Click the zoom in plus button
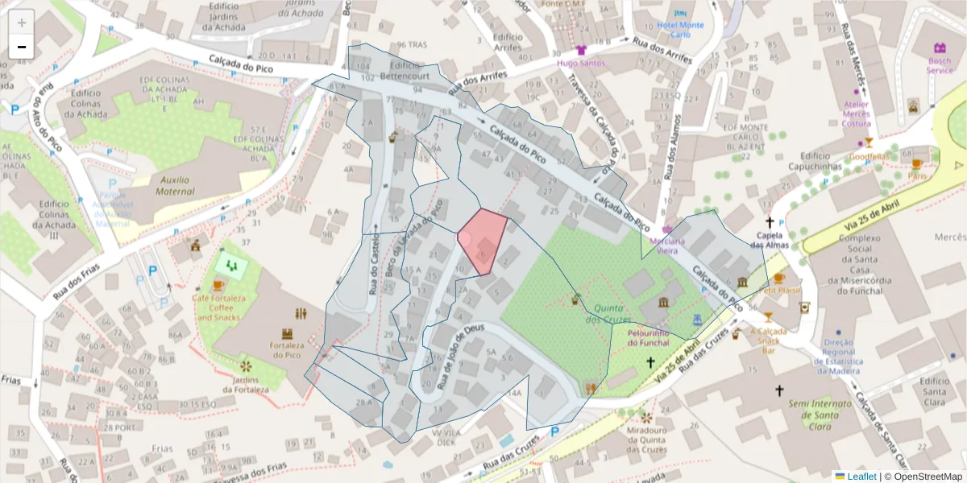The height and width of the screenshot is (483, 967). (22, 23)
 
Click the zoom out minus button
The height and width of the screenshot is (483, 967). (22, 47)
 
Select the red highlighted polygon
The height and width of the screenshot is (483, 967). (484, 240)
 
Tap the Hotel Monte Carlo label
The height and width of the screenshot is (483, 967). (680, 30)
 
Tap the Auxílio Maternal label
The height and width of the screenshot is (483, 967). (165, 185)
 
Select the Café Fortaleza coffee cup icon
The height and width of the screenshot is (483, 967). (218, 286)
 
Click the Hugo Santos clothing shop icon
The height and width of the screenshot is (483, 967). (581, 49)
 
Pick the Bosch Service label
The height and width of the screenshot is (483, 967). (939, 65)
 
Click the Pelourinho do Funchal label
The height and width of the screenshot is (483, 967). (649, 337)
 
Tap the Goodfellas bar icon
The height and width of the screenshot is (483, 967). (868, 142)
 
